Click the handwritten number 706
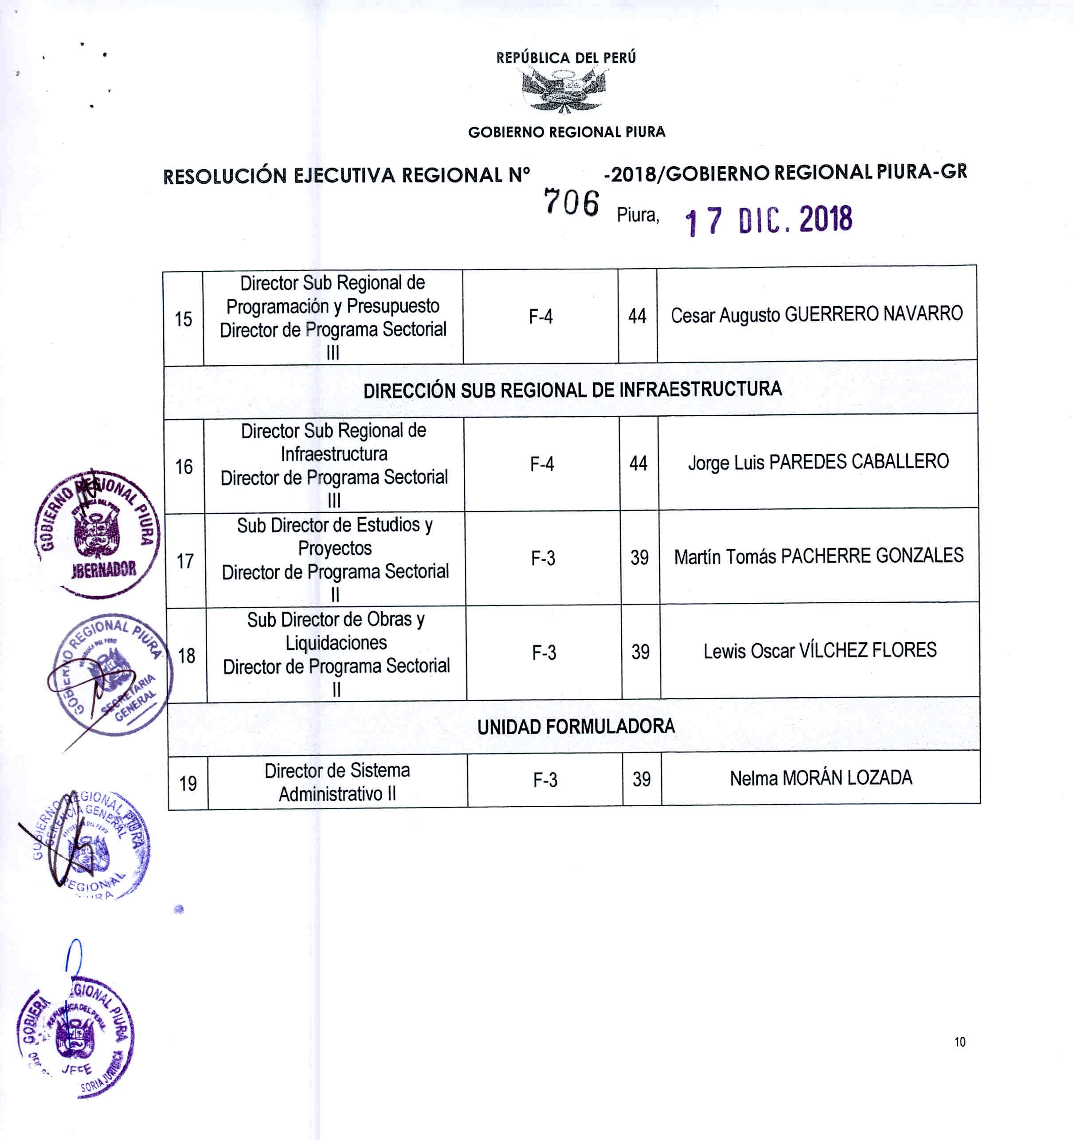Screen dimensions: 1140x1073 (x=571, y=203)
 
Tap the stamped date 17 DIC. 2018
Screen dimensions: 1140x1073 (x=768, y=220)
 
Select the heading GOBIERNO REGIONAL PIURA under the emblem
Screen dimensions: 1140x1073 (x=567, y=133)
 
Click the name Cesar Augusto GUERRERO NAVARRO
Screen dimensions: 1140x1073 (x=817, y=314)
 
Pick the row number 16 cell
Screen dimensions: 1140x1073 (x=184, y=467)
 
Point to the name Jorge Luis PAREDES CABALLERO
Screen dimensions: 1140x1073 (x=818, y=462)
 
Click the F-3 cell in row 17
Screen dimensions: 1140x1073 (x=543, y=558)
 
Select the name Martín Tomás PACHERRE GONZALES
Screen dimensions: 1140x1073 (x=819, y=556)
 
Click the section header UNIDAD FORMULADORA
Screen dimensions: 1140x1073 (x=576, y=726)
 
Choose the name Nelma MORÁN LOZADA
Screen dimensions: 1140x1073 (x=821, y=778)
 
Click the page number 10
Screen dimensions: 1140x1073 (x=960, y=1042)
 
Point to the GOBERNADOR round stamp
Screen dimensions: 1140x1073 (x=98, y=533)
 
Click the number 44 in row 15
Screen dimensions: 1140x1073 (x=637, y=316)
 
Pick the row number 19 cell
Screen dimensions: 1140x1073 (x=188, y=783)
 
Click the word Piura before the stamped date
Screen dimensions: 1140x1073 (x=638, y=215)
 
